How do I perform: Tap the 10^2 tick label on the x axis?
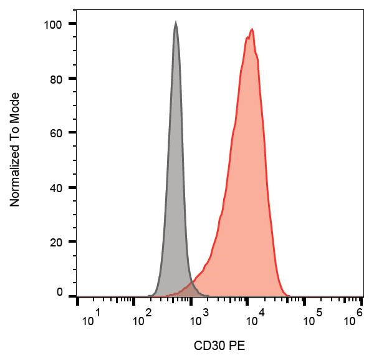[x=144, y=319]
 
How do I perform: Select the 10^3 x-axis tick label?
[x=199, y=319]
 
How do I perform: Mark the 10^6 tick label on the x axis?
[x=355, y=319]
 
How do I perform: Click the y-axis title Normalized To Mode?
[x=16, y=150]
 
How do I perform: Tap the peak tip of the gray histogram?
[x=176, y=23]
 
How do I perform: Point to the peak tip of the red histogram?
[x=252, y=29]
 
